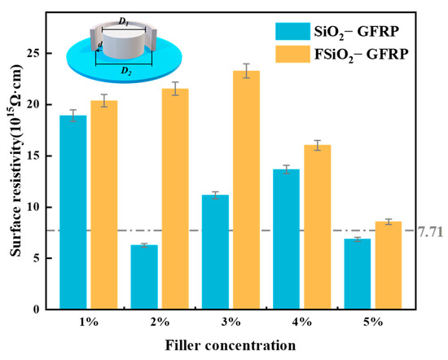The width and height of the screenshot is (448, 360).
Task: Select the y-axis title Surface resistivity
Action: coord(17,171)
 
